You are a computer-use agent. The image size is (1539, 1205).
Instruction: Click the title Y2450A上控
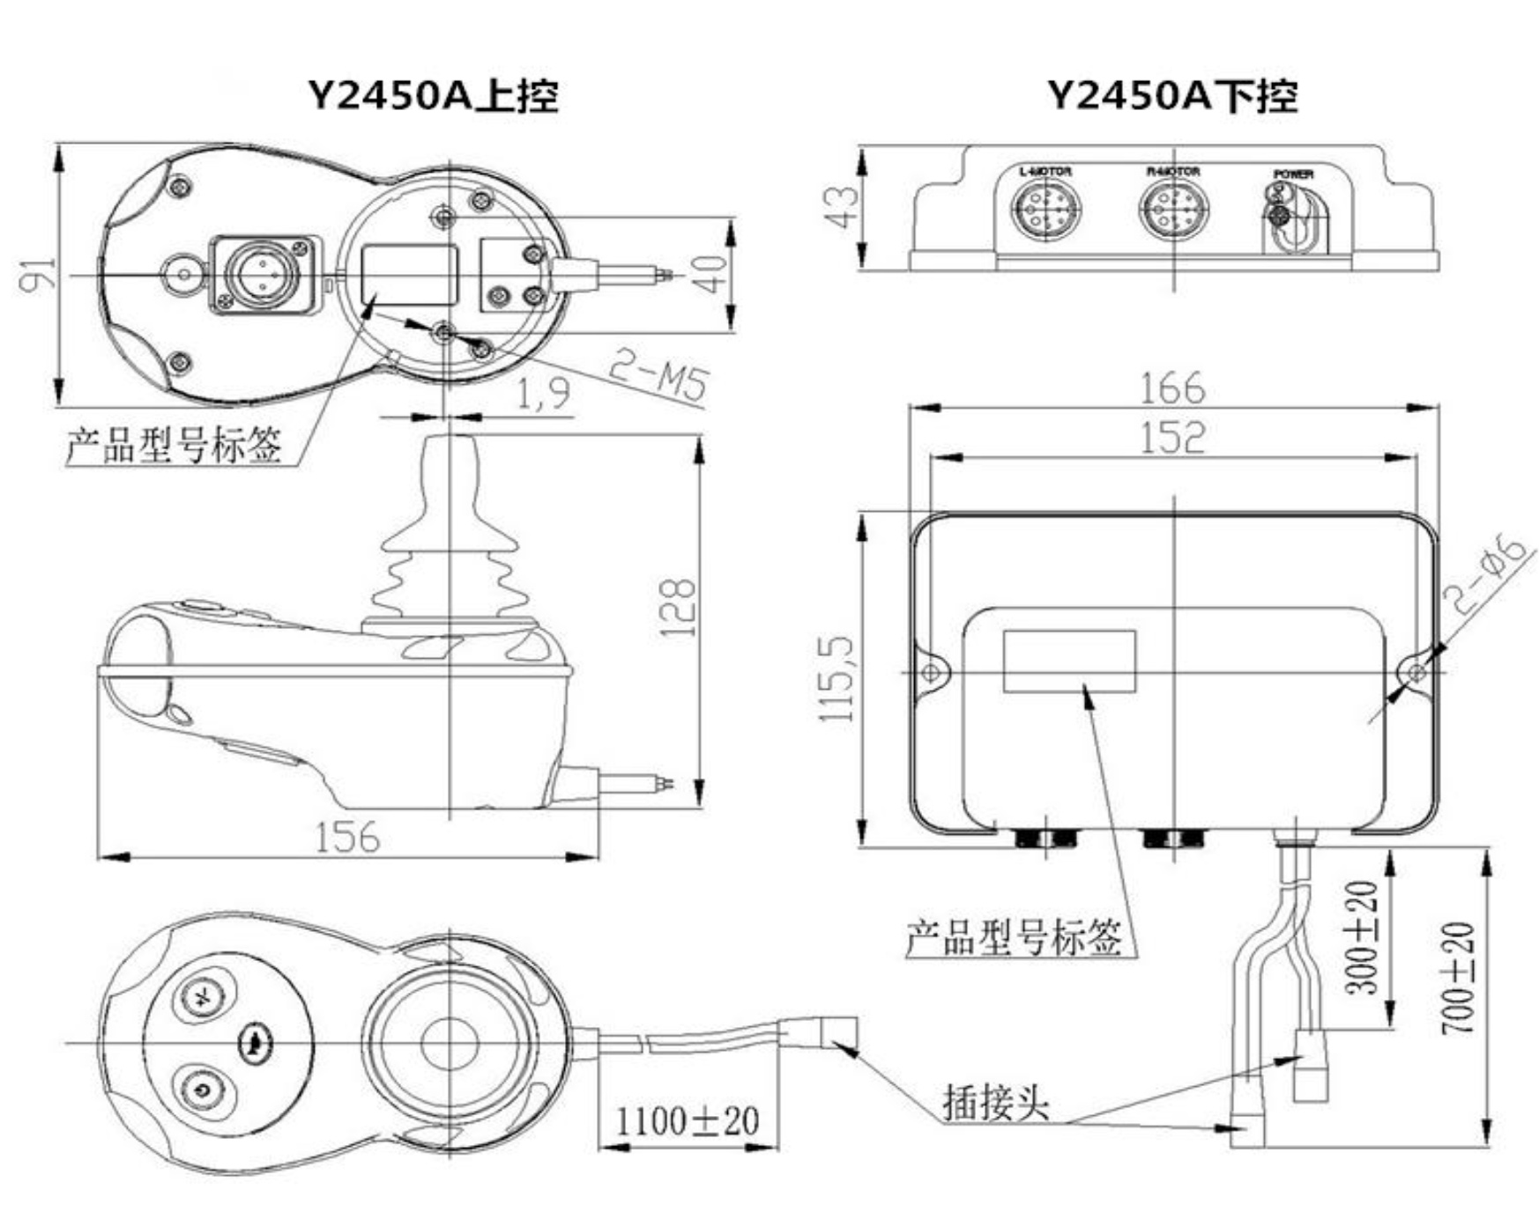point(433,95)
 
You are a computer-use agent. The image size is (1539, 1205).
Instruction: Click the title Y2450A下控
point(1172,95)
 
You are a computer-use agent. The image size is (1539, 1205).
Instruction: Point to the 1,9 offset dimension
point(542,393)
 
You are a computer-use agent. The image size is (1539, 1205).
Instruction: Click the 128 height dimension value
point(678,608)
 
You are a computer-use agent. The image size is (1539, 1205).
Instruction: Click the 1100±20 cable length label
point(687,1121)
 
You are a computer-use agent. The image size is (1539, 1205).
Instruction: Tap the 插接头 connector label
point(996,1101)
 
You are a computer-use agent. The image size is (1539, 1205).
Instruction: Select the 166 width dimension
point(1171,388)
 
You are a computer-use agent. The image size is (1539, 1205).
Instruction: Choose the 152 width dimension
point(1171,437)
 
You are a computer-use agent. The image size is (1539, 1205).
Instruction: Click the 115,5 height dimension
point(837,678)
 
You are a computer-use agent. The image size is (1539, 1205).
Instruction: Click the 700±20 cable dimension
point(1458,978)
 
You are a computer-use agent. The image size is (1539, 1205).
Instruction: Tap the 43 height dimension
point(842,208)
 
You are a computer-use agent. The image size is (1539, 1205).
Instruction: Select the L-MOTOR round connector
point(1046,210)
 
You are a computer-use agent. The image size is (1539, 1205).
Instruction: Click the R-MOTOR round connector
point(1173,210)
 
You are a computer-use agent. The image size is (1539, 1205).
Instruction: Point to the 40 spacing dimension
point(713,274)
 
